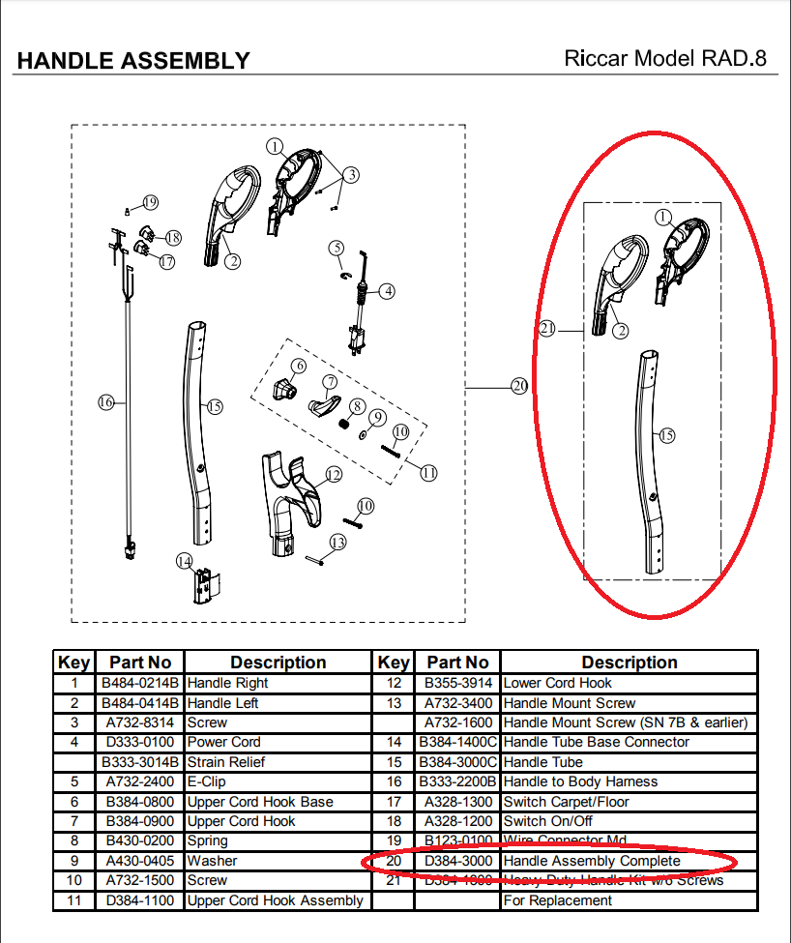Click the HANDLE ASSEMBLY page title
133,61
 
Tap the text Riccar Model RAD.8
664,58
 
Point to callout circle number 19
149,202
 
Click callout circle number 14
184,561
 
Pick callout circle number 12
333,474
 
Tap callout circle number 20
519,386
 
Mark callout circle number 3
351,174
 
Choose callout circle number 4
386,290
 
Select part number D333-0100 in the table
139,742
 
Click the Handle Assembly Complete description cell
591,861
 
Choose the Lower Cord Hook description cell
557,683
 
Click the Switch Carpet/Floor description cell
566,801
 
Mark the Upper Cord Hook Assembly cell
275,900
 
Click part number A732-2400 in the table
139,781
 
